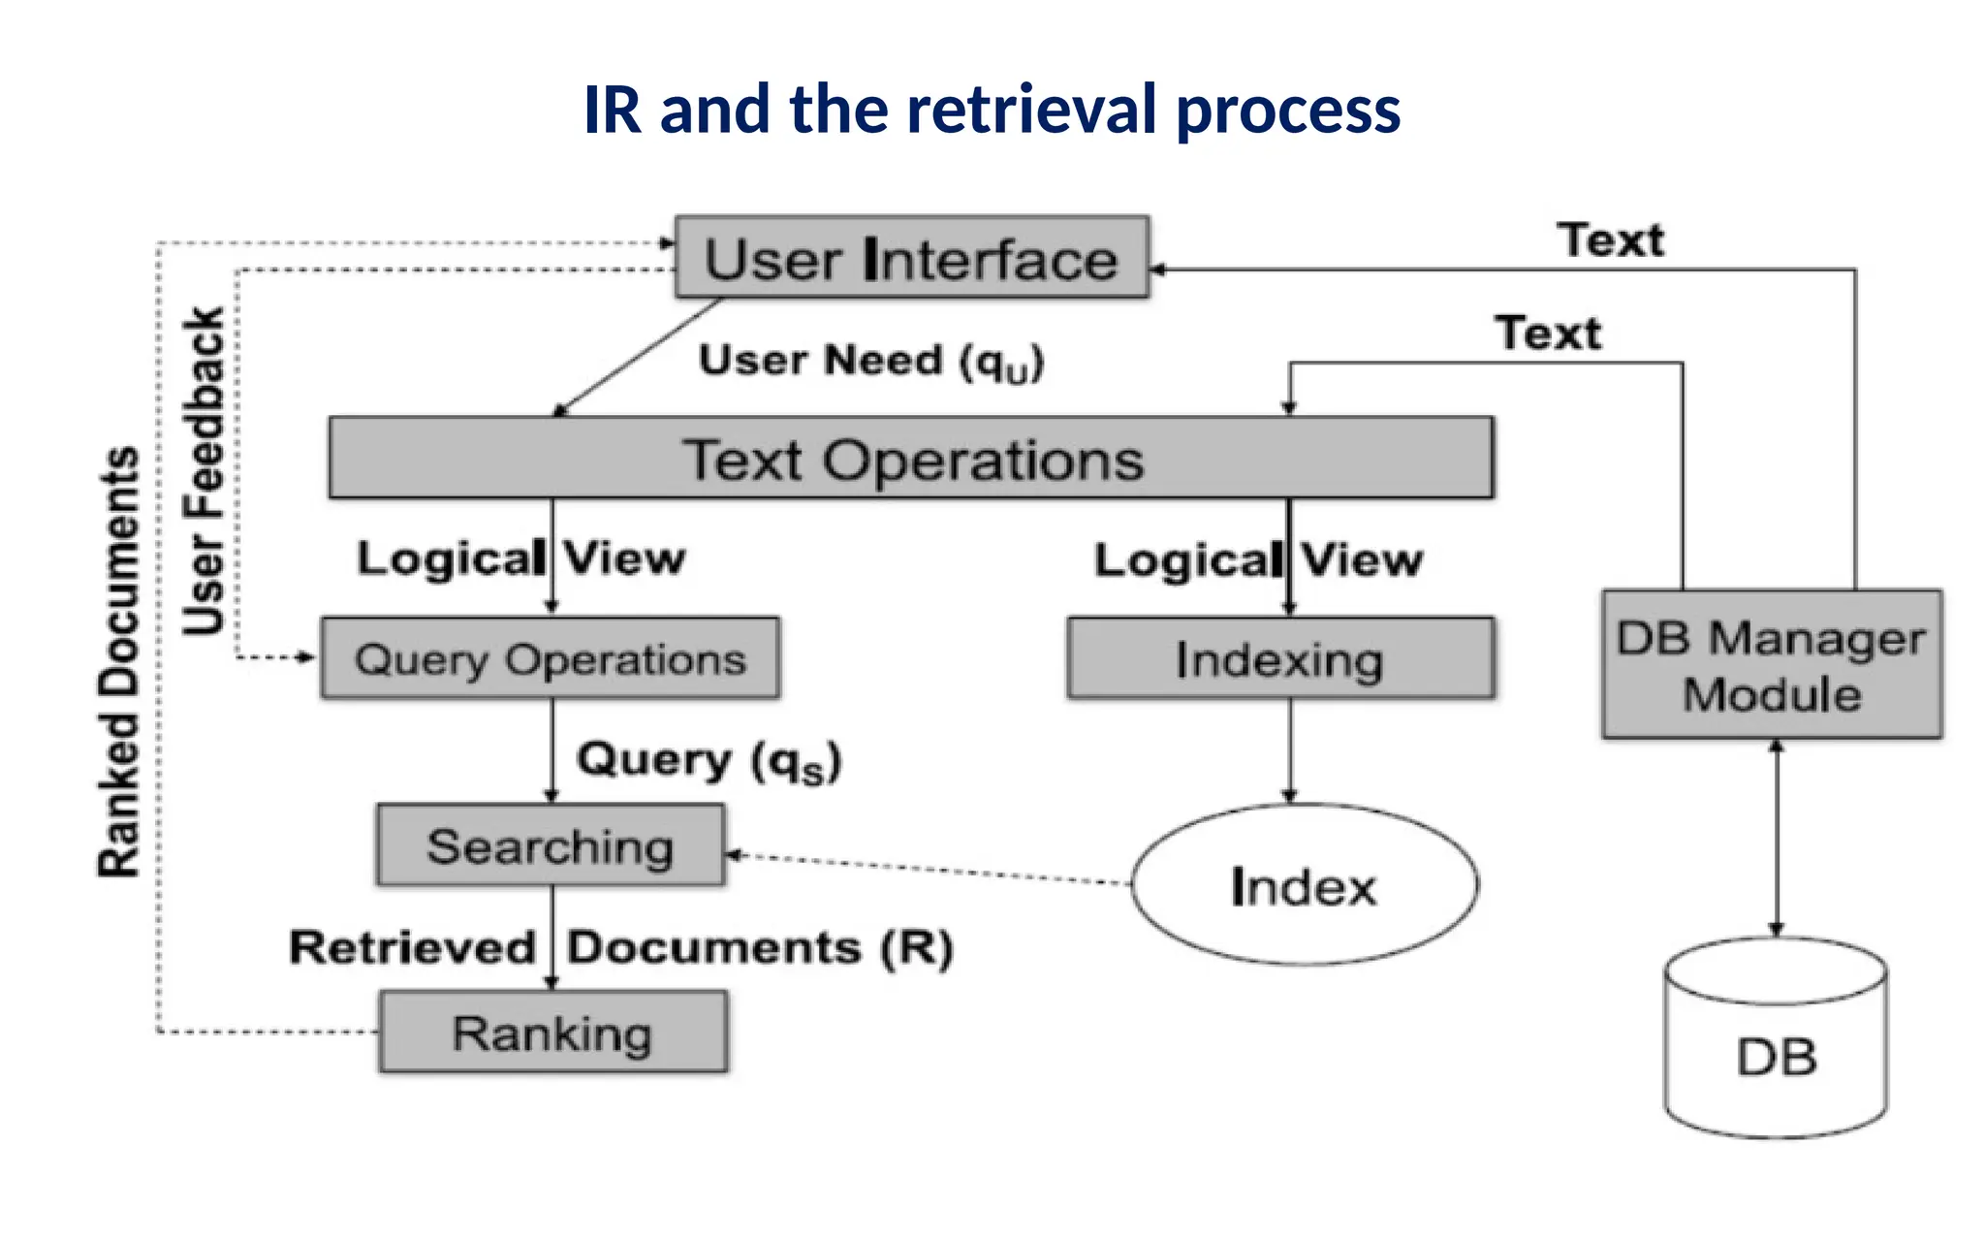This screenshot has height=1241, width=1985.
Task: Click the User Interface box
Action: click(x=911, y=258)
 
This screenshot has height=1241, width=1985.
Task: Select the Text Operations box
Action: click(x=911, y=459)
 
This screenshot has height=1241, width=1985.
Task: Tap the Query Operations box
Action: click(x=550, y=658)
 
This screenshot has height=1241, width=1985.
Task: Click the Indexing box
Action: click(x=1279, y=659)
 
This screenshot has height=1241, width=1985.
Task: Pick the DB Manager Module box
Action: click(x=1771, y=665)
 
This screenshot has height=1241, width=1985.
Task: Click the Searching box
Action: click(x=550, y=845)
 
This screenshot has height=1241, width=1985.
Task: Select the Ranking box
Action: click(x=552, y=1032)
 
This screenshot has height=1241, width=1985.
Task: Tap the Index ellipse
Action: click(x=1304, y=885)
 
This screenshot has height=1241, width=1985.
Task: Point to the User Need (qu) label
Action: click(x=870, y=362)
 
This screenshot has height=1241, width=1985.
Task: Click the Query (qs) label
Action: click(x=709, y=760)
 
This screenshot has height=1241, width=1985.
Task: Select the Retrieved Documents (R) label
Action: click(x=620, y=947)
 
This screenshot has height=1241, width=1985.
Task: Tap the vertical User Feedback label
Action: click(x=205, y=471)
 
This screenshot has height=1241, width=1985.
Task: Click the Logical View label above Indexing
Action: click(x=1257, y=560)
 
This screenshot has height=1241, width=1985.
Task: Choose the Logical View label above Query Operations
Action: click(x=520, y=558)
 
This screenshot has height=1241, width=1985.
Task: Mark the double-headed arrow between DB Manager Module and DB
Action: click(x=1776, y=838)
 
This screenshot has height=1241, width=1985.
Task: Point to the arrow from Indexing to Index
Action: click(x=1289, y=750)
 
